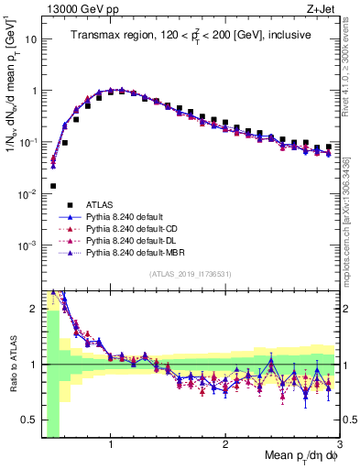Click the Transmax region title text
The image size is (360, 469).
tap(191, 36)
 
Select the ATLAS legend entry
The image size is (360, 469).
tap(99, 204)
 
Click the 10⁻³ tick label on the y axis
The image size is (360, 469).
tap(27, 245)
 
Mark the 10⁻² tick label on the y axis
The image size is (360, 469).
tap(27, 194)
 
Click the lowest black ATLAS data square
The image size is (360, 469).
tap(53, 186)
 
